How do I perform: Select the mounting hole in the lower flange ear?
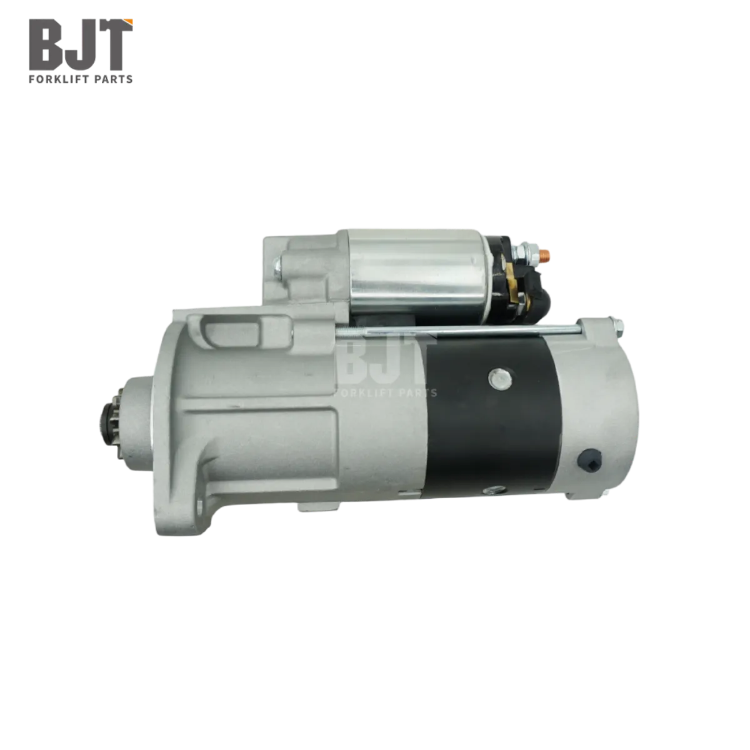pyautogui.click(x=200, y=506)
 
